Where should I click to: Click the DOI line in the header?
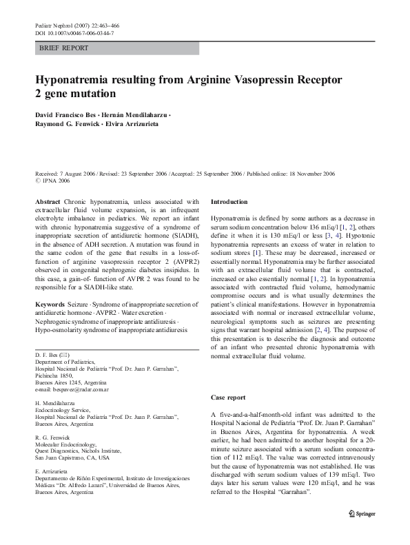(x=74, y=33)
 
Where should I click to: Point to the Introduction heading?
(x=229, y=202)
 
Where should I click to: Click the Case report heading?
(x=227, y=398)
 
